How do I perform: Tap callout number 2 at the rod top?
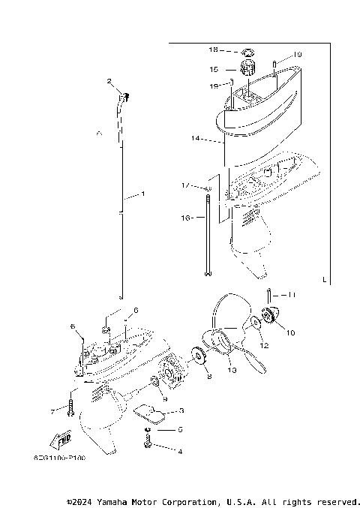pos(109,81)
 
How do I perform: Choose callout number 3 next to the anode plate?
pos(180,411)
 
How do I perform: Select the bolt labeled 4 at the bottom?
pos(148,446)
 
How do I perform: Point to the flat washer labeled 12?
pos(256,323)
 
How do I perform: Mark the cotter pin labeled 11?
pos(268,294)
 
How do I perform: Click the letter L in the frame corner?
pos(323,280)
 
